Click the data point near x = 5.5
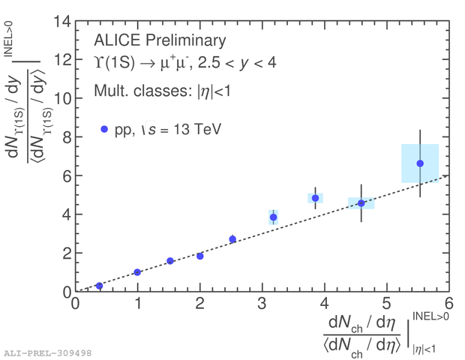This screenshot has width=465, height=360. point(420,163)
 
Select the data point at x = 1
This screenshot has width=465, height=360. point(137,272)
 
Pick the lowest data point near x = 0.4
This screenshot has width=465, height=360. point(99,286)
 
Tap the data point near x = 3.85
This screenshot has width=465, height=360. point(315,198)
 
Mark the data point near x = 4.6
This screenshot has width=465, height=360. point(361,203)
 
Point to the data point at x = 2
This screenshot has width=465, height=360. point(199,256)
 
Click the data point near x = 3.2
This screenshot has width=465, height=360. point(274,217)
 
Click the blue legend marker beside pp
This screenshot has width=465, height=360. point(104,129)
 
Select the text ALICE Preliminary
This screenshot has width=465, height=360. point(159,40)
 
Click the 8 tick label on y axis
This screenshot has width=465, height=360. point(66,137)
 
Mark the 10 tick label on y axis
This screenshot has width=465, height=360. point(61,98)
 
